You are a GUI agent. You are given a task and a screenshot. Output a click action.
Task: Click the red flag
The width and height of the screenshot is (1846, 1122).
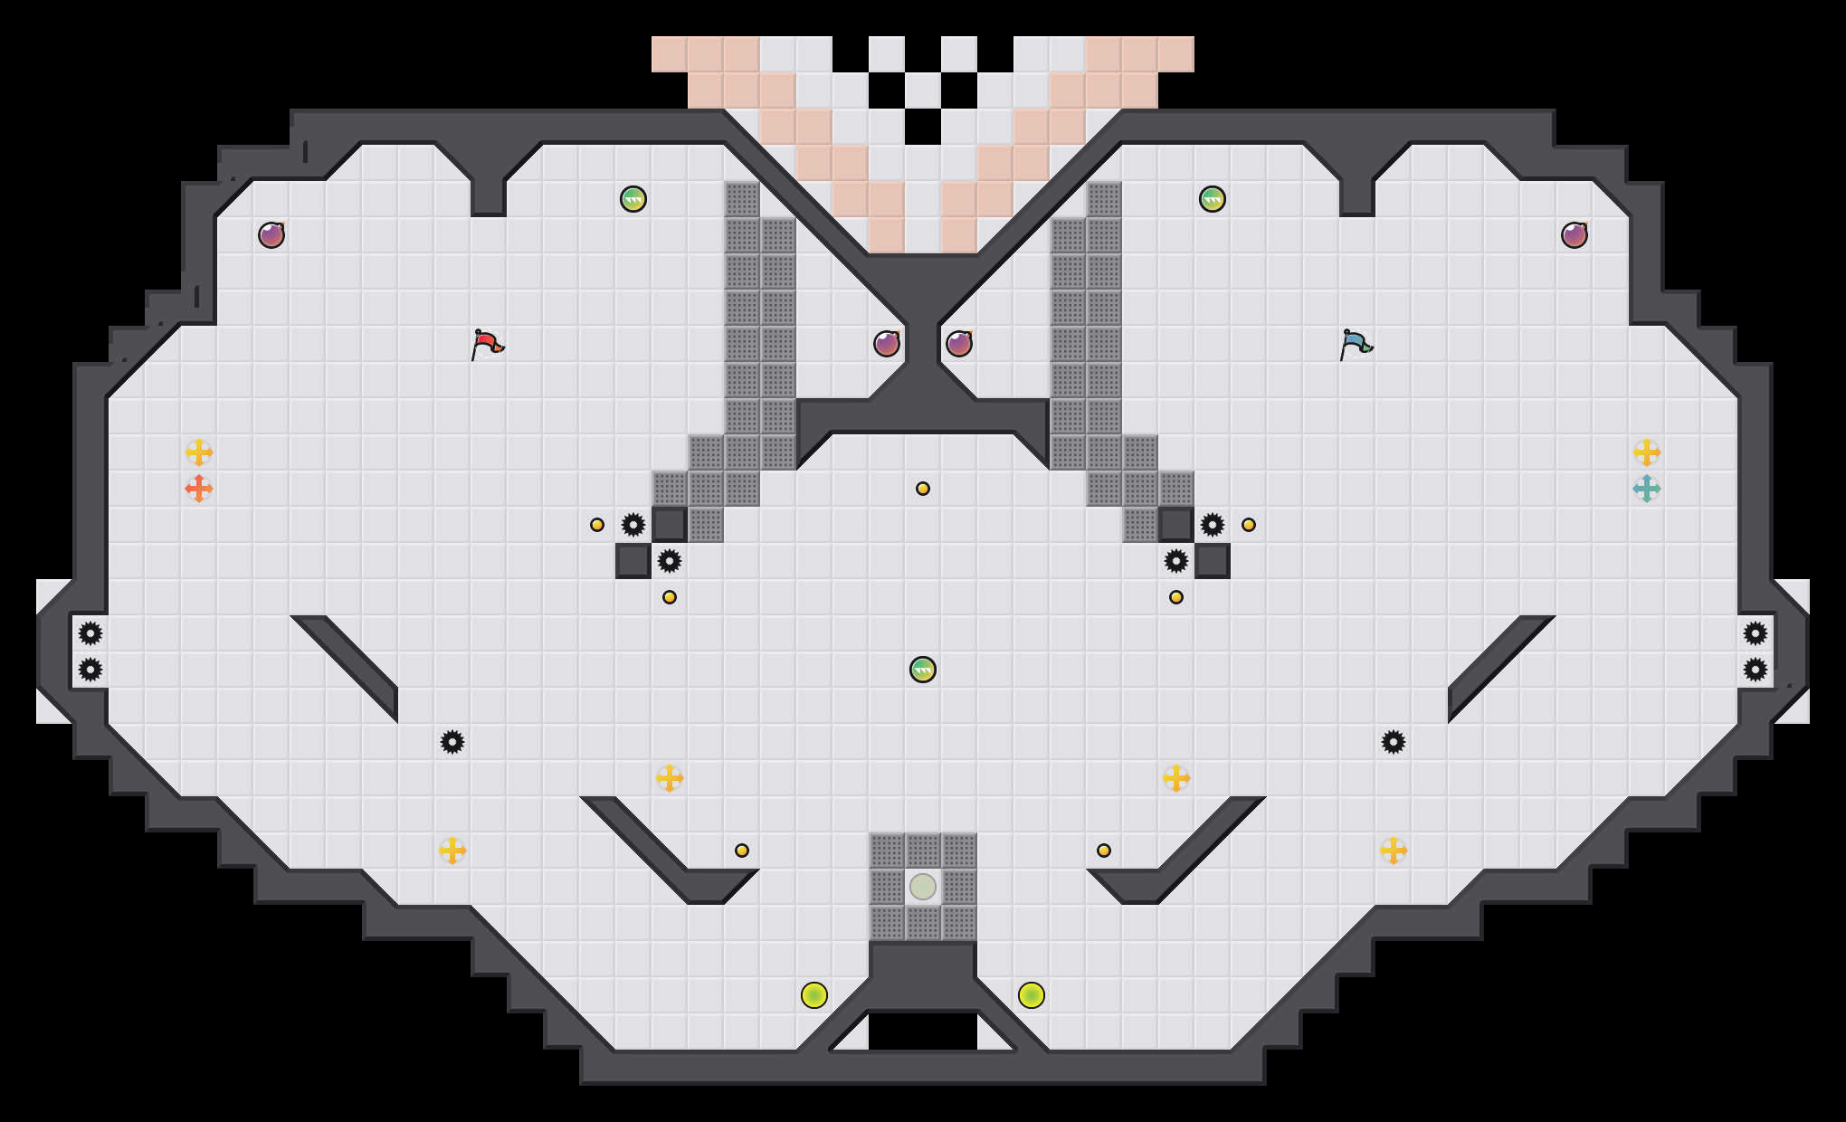pyautogui.click(x=487, y=344)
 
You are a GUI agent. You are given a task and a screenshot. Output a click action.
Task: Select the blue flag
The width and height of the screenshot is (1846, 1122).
pyautogui.click(x=1356, y=344)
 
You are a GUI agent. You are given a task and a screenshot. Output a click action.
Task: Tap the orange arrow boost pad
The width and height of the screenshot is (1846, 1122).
pyautogui.click(x=199, y=489)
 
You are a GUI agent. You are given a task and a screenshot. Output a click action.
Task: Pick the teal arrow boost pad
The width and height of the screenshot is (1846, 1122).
pyautogui.click(x=1647, y=489)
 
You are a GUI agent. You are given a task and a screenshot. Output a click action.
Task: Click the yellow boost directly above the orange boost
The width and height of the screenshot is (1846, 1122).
pyautogui.click(x=199, y=452)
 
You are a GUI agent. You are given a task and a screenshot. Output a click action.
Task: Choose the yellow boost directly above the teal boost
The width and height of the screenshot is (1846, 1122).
pyautogui.click(x=1647, y=452)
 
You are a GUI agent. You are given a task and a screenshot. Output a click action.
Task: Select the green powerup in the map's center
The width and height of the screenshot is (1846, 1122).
pyautogui.click(x=923, y=670)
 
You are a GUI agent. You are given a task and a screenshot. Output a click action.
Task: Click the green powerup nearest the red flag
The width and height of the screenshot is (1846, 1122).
pyautogui.click(x=633, y=199)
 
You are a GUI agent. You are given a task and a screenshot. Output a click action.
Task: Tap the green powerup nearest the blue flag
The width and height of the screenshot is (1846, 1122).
pyautogui.click(x=1213, y=199)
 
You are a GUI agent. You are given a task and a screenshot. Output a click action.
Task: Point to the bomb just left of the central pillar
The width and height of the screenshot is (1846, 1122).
pyautogui.click(x=887, y=344)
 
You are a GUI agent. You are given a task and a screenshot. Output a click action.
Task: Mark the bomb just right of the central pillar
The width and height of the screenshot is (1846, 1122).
pyautogui.click(x=959, y=344)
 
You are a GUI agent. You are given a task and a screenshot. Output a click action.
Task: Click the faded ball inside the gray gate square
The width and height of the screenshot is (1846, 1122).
pyautogui.click(x=923, y=887)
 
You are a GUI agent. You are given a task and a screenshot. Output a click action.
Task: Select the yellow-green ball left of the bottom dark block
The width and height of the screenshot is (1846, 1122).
pyautogui.click(x=814, y=995)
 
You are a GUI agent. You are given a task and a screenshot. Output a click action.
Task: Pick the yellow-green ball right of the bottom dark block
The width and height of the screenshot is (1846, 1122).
pyautogui.click(x=1032, y=995)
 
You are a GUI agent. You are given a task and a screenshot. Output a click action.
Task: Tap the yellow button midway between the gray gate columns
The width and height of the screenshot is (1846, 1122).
pyautogui.click(x=923, y=489)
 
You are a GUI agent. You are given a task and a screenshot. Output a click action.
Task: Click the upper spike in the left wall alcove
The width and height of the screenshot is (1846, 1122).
pyautogui.click(x=90, y=633)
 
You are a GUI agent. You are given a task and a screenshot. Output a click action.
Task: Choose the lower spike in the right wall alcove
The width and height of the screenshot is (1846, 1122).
pyautogui.click(x=1756, y=670)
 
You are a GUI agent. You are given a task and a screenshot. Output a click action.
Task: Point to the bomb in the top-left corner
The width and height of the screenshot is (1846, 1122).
pyautogui.click(x=271, y=235)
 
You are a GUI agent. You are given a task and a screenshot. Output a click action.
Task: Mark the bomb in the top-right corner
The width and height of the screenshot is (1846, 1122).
pyautogui.click(x=1575, y=235)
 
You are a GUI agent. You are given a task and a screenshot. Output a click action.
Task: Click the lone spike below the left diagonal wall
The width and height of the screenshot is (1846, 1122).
pyautogui.click(x=452, y=742)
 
